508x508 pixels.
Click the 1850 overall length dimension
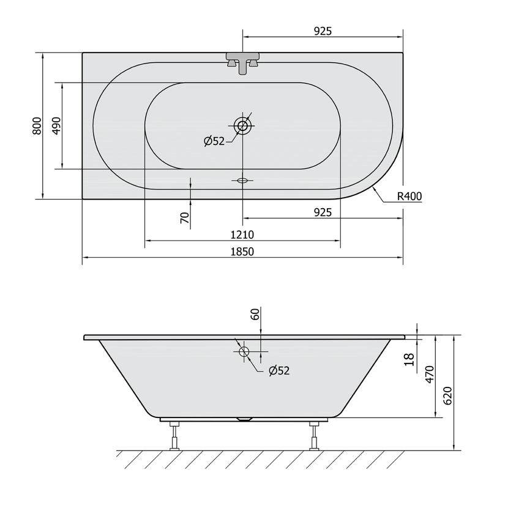242,252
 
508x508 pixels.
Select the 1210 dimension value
242,234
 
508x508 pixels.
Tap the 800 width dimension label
37,126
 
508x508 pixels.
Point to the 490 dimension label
56,126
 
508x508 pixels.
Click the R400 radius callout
409,196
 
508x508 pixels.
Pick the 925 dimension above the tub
323,31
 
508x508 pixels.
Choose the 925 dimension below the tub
323,212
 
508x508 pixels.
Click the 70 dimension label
185,218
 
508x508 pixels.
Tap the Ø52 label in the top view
214,141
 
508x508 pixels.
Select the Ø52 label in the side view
279,370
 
